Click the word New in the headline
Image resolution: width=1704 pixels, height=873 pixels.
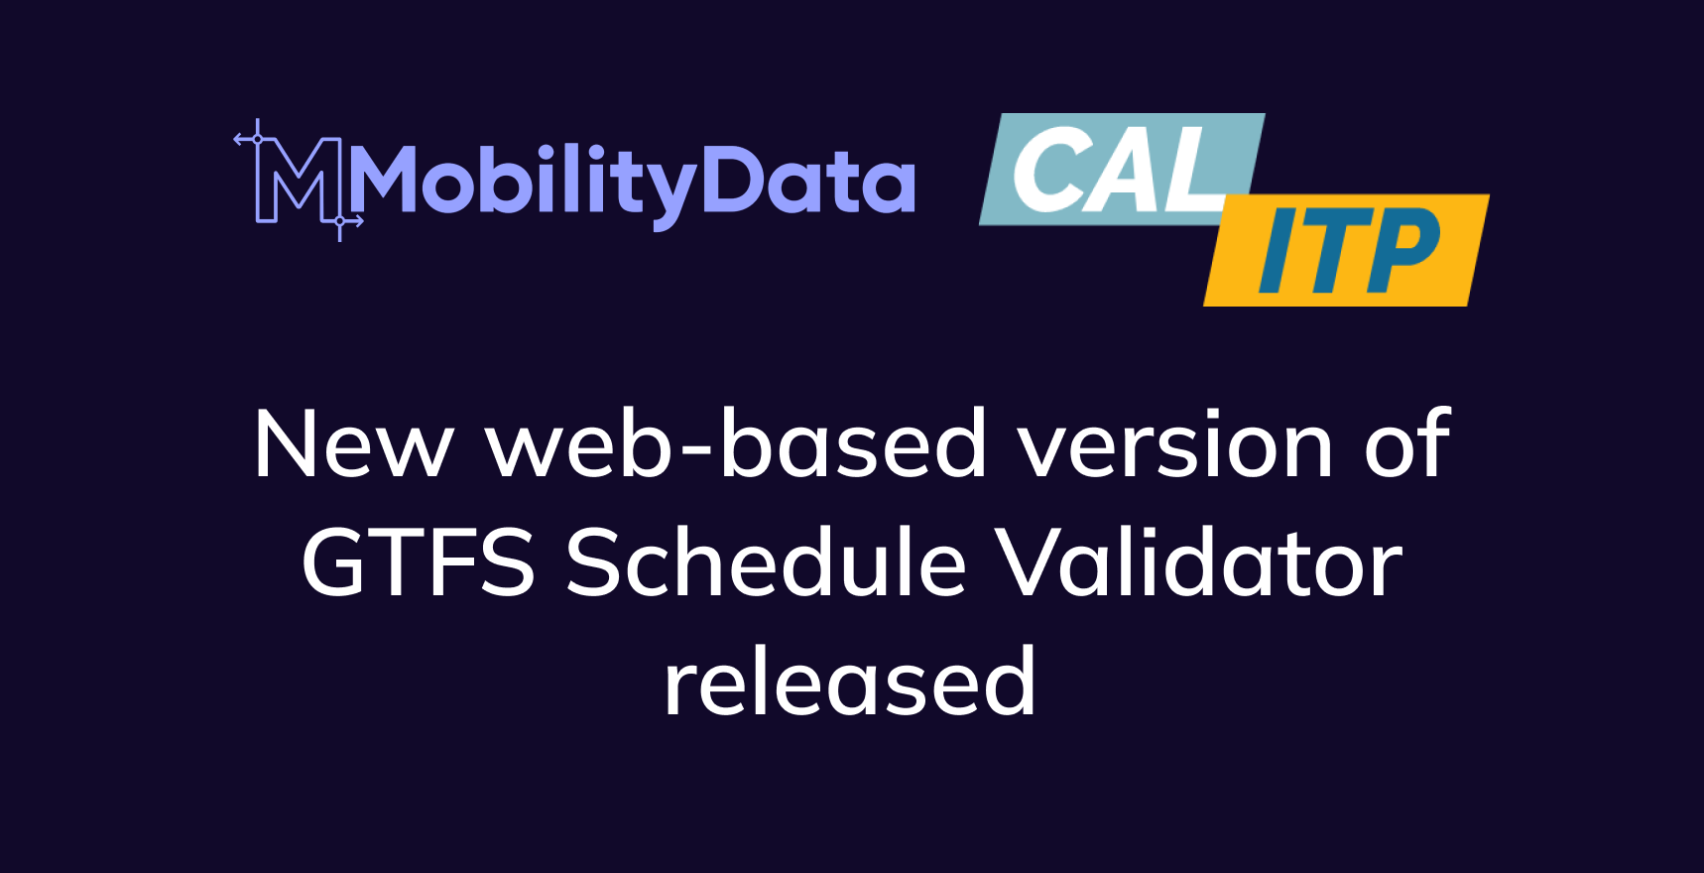(x=353, y=444)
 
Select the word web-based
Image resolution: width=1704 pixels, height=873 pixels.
(x=736, y=444)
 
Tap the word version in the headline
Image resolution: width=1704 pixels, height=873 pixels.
(x=1175, y=444)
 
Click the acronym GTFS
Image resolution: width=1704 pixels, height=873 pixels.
(x=418, y=563)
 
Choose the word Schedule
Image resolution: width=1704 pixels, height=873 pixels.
(x=765, y=563)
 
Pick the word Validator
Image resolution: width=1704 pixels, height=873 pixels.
(x=1198, y=563)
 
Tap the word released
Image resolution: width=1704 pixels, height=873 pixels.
(x=850, y=683)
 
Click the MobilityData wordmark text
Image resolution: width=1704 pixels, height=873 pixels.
(x=632, y=182)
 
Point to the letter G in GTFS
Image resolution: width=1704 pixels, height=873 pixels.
(x=340, y=563)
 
